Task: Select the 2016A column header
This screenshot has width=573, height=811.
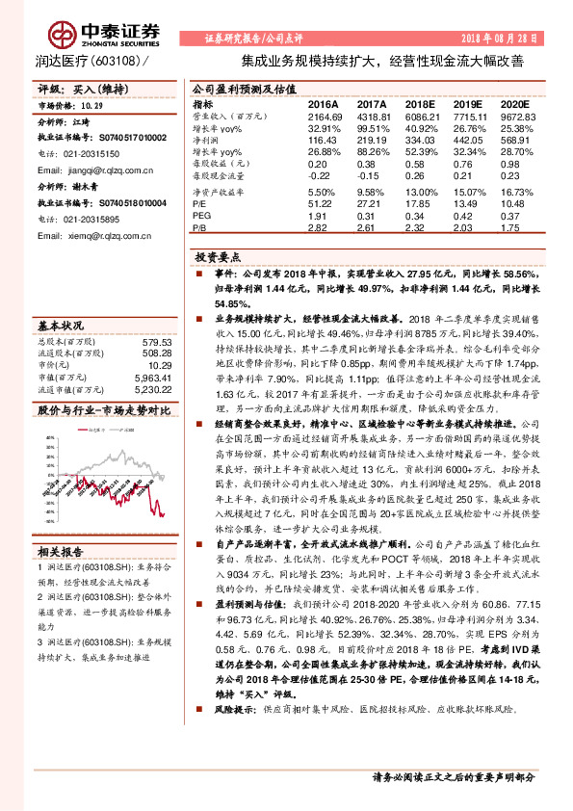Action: [323, 102]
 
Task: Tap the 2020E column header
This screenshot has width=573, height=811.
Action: [515, 102]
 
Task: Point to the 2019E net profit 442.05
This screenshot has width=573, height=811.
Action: [467, 140]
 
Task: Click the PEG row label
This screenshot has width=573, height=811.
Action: [200, 216]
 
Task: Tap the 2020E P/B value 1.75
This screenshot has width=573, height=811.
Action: [516, 228]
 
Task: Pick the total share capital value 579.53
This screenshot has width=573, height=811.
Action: [156, 342]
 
